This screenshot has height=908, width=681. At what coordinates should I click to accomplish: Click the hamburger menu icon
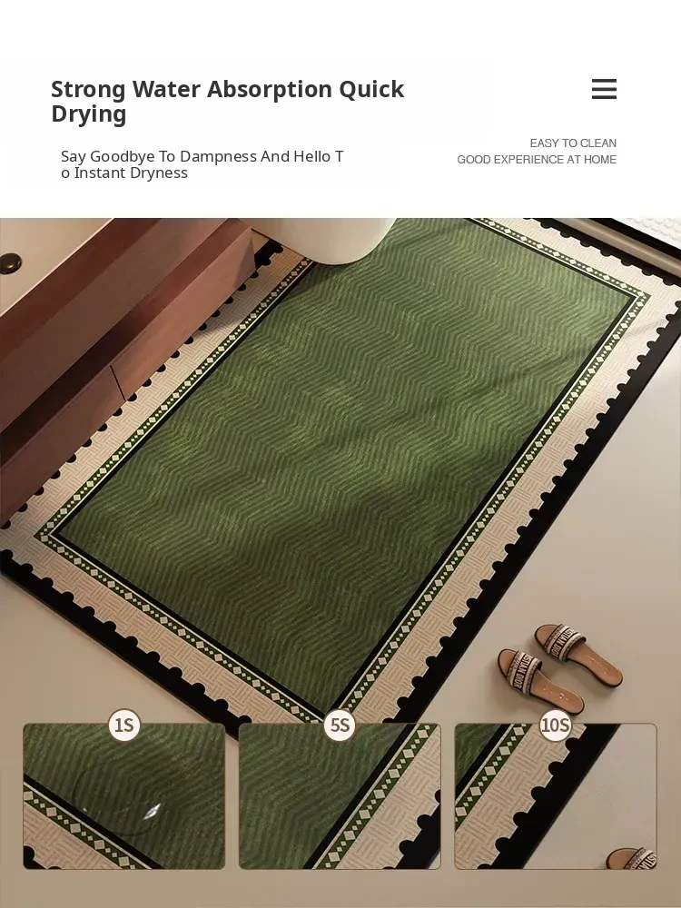(x=604, y=89)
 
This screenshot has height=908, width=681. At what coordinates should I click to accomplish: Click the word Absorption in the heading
(x=270, y=89)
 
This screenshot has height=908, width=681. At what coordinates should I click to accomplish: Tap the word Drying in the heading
(x=89, y=114)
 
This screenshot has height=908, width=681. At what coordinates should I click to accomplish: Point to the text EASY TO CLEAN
(x=573, y=143)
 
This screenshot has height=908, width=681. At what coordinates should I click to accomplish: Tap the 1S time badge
(x=124, y=725)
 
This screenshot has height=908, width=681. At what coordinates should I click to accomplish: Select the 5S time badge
(x=340, y=725)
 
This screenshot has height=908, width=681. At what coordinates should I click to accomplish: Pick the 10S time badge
(x=556, y=725)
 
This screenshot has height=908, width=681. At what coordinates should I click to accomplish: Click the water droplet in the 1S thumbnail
(x=152, y=811)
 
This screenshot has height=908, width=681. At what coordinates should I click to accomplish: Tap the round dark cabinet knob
(x=10, y=263)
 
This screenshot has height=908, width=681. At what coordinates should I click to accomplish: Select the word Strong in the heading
(x=88, y=90)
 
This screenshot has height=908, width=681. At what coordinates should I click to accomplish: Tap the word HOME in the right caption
(x=600, y=160)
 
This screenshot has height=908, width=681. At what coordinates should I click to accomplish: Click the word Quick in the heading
(x=371, y=90)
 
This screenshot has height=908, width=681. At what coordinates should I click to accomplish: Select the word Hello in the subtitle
(x=311, y=156)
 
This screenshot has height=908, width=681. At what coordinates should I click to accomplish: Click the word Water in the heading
(x=166, y=89)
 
